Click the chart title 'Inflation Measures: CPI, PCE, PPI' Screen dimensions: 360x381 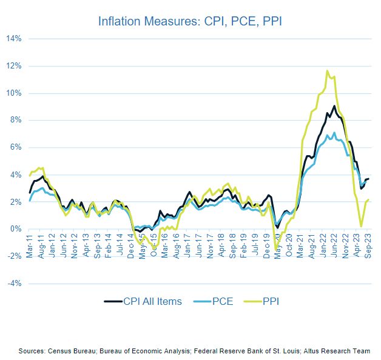click(x=190, y=21)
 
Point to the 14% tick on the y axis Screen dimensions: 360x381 click(x=14, y=39)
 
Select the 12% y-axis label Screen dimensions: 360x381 click(x=14, y=66)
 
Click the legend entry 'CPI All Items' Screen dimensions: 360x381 click(x=143, y=301)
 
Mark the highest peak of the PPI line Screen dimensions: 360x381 click(x=328, y=71)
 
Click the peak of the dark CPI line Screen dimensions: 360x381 click(x=334, y=106)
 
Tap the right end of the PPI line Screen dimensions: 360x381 click(x=369, y=199)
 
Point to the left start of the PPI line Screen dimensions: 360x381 click(x=30, y=175)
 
